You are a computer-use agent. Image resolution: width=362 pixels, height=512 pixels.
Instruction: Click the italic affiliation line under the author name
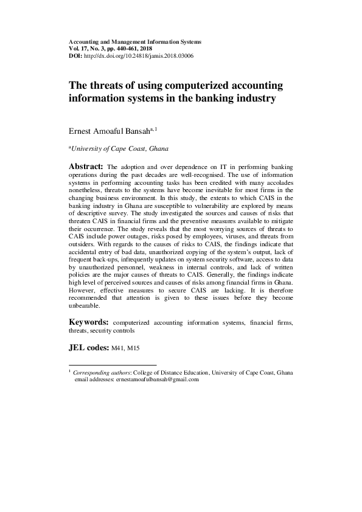(x=120, y=148)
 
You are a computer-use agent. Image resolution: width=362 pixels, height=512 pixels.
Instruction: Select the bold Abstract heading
(x=86, y=166)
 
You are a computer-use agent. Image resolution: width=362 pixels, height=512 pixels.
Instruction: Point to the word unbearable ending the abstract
(x=86, y=306)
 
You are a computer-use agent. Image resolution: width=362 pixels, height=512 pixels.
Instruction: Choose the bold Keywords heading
(x=89, y=322)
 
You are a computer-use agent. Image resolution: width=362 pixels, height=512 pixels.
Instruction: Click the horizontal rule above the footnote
(x=113, y=365)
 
